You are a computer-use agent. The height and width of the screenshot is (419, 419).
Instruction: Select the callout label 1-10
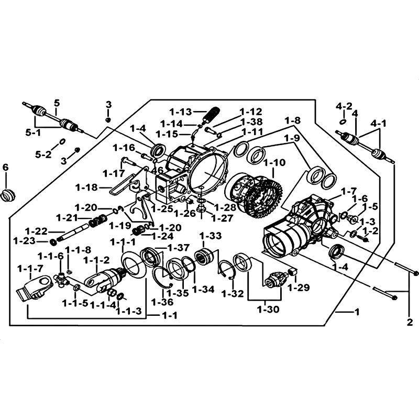tap(275, 163)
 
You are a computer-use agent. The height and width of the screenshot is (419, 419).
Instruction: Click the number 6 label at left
tap(6, 168)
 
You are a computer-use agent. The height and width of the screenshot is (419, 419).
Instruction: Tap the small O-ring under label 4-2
tap(342, 122)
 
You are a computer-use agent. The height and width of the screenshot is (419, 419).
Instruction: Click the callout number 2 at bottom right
tap(410, 321)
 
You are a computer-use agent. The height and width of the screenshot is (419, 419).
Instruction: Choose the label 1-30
tap(268, 309)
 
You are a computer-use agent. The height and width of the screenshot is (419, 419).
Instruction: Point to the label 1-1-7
tap(29, 269)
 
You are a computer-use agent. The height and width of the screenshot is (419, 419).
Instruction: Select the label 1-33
tap(210, 235)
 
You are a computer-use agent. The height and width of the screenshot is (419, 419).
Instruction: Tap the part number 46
tap(157, 170)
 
